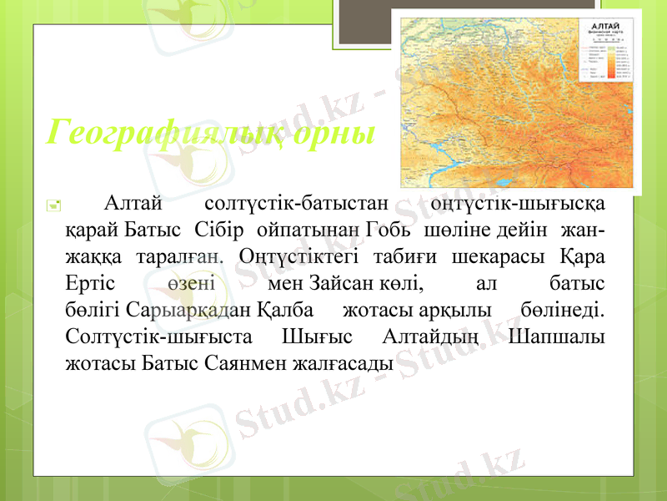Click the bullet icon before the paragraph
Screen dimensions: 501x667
pos(53,203)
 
